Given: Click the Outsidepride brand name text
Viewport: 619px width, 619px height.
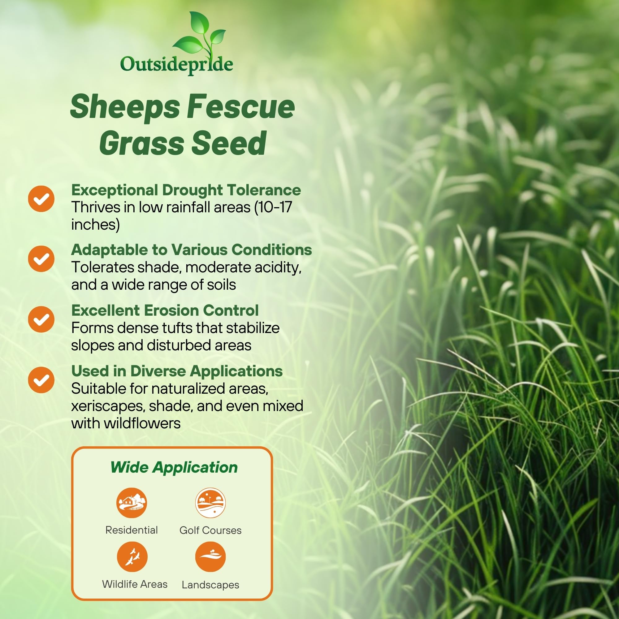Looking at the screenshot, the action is tap(176, 65).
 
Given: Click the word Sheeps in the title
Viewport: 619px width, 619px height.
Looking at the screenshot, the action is tap(125, 107).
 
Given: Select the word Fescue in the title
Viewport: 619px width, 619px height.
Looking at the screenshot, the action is tap(241, 106).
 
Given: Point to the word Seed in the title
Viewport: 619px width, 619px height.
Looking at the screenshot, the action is tap(229, 143).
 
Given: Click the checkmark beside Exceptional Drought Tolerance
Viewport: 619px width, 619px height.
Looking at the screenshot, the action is tap(41, 199).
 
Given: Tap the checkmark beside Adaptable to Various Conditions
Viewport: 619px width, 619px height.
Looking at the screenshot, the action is tap(41, 259).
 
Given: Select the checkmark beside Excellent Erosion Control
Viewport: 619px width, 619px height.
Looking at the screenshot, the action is tap(41, 319).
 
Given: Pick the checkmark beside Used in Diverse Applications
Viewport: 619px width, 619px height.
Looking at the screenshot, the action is tap(41, 380).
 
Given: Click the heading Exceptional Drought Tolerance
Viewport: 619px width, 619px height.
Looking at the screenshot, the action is tap(186, 190).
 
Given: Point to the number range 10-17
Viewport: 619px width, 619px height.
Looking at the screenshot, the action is tap(275, 207).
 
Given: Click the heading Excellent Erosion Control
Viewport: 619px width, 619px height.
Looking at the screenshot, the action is tap(165, 310).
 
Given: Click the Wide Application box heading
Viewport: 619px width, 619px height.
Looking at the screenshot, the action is tap(174, 467).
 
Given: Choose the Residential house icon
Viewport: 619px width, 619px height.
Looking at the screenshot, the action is tap(131, 503).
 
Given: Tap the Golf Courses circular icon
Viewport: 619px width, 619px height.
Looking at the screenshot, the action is tap(210, 503).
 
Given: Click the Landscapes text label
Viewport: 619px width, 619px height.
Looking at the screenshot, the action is tap(210, 585).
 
